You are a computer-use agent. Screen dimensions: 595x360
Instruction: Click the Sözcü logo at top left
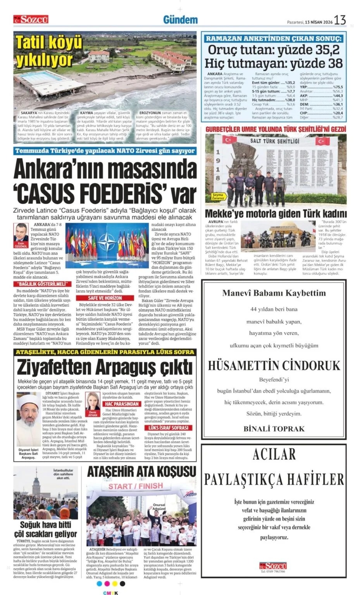pos(31,19)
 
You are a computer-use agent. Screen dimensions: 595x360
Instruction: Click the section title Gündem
pos(180,20)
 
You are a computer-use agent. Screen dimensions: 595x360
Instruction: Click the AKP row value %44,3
pos(338,96)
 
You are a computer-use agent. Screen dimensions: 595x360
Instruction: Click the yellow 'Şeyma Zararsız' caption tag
pos(218,196)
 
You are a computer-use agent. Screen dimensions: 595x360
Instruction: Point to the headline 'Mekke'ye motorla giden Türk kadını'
pos(276,213)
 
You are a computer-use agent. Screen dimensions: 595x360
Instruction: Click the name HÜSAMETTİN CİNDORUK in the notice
pos(274,365)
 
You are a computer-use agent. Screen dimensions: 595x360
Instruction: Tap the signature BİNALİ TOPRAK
pos(274,428)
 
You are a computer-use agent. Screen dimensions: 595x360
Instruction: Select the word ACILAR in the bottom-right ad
pos(274,454)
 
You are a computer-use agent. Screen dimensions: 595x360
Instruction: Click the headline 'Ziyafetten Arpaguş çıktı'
pos(105,367)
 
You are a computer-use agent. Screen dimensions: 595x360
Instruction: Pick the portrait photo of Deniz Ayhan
pos(93,401)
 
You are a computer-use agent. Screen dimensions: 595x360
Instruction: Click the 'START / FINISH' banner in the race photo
pos(135,486)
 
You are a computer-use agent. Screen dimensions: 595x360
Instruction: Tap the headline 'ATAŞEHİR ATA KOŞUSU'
pos(141,471)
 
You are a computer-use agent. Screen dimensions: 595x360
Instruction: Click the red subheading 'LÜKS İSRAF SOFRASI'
pos(168,428)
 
